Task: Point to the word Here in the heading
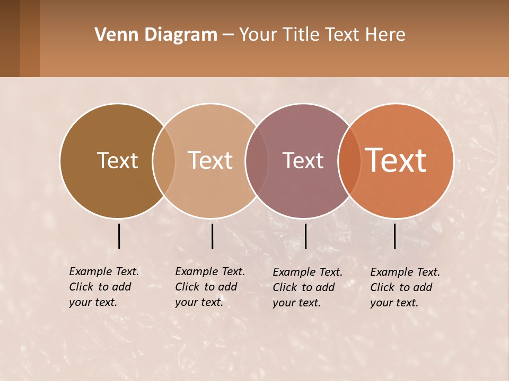point(386,35)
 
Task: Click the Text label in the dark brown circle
point(117,160)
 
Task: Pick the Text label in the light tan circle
point(210,160)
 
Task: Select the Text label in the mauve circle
point(303,160)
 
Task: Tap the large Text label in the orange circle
point(396,160)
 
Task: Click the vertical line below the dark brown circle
point(119,236)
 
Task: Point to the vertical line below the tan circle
point(212,236)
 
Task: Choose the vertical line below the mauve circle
point(305,236)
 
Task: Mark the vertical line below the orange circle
point(395,236)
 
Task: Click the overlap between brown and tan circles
point(164,160)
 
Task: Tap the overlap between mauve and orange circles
point(349,160)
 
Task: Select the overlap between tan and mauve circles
point(255,160)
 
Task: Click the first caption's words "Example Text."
point(104,271)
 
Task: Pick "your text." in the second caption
point(199,302)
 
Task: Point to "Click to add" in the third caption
point(304,287)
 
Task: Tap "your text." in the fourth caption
point(394,303)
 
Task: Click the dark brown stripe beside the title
point(10,38)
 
